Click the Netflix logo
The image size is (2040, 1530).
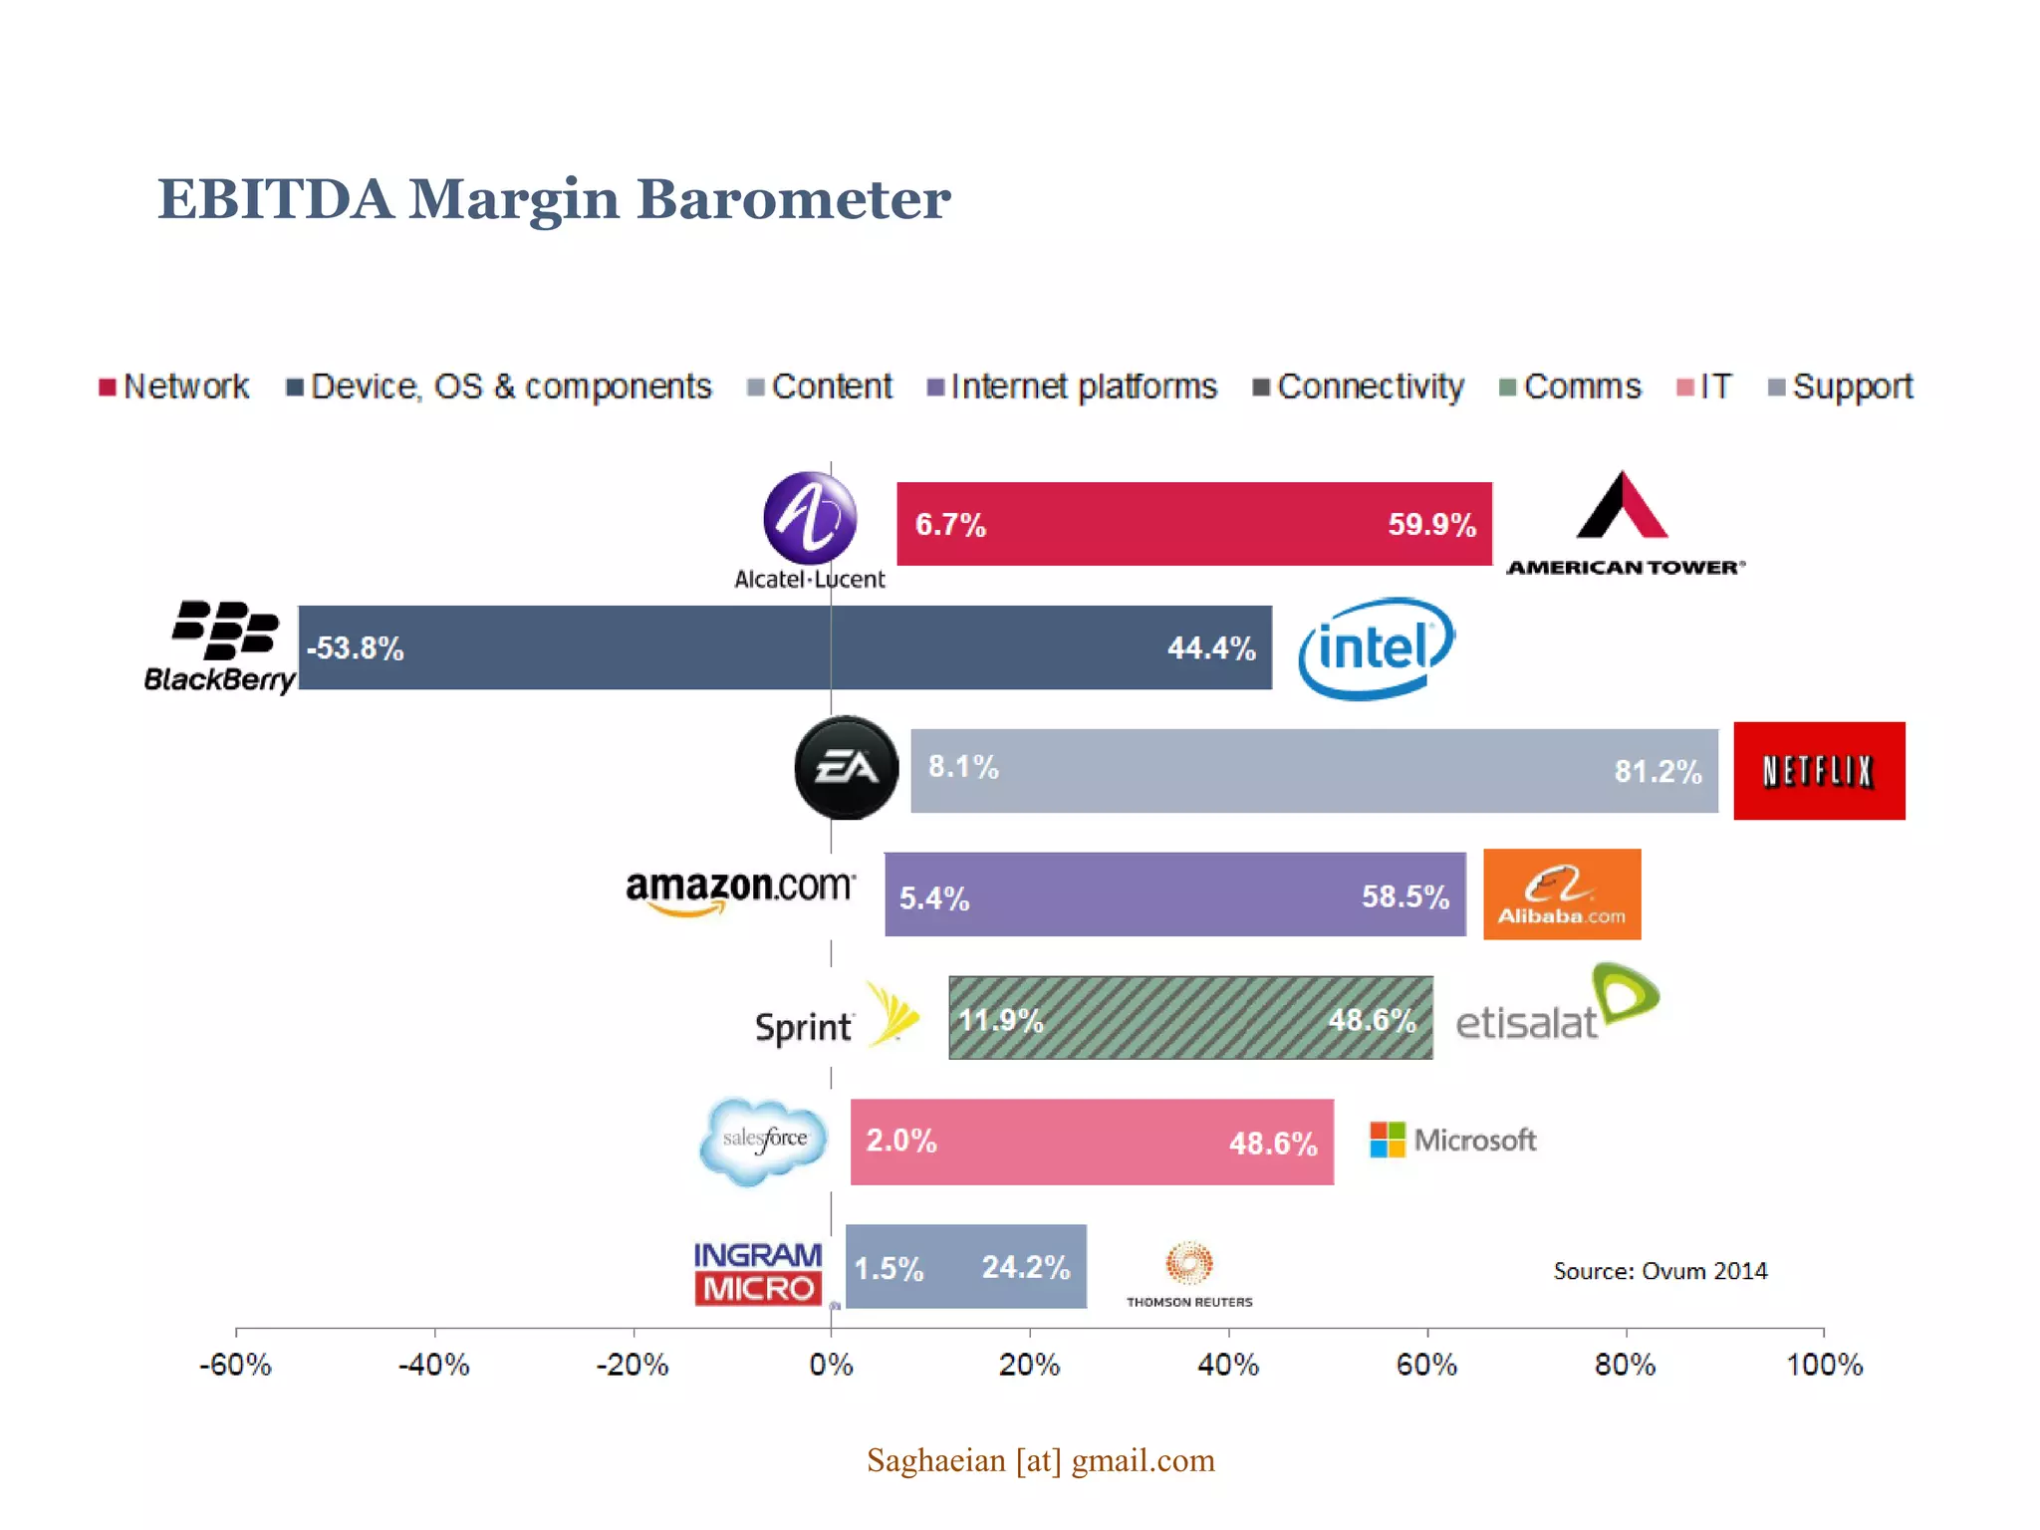click(1819, 771)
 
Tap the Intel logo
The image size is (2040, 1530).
click(1377, 648)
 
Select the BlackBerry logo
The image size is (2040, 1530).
click(221, 646)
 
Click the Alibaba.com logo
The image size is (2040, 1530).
click(1561, 894)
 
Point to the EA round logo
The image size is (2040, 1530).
click(846, 768)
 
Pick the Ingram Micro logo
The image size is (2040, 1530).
click(758, 1272)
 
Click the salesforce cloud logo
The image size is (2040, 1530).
click(764, 1140)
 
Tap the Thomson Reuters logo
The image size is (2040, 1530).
click(1189, 1274)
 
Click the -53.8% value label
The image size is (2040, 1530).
click(356, 648)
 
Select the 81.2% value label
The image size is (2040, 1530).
click(1657, 771)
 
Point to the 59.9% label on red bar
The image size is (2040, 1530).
click(1431, 525)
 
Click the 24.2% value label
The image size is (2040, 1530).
click(1025, 1267)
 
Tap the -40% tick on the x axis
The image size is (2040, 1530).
click(434, 1364)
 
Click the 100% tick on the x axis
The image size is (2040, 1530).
click(1823, 1364)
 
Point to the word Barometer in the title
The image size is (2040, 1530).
click(793, 199)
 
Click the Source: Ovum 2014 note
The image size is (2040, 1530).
click(1659, 1271)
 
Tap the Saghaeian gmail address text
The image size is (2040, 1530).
click(1040, 1460)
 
